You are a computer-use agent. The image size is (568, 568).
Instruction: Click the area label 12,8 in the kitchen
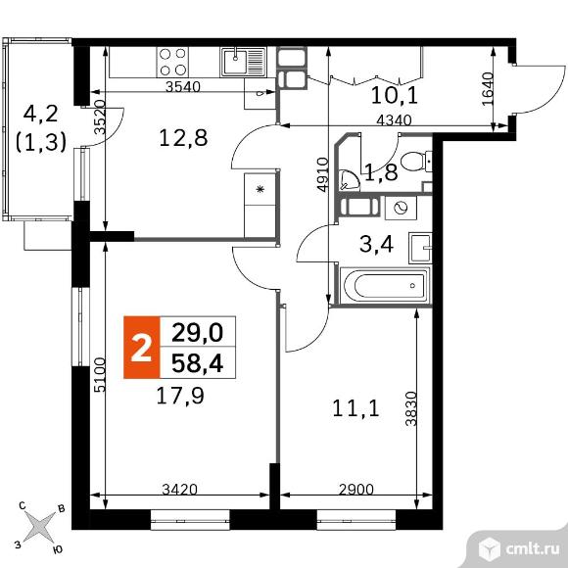(183, 138)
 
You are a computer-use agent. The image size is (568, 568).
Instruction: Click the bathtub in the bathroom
(383, 286)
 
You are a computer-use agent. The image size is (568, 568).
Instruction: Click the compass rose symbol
(39, 527)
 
